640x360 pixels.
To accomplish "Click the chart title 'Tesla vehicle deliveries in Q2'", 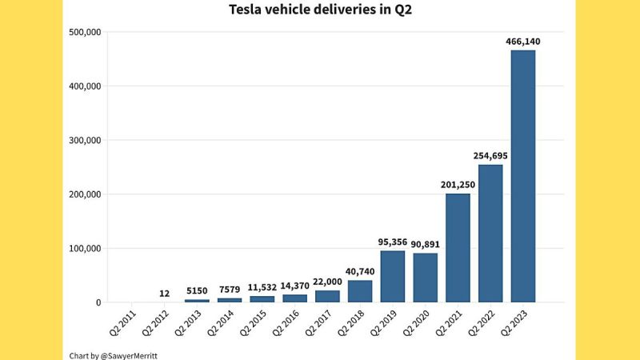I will point(319,10).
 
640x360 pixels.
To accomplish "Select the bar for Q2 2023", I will point(523,176).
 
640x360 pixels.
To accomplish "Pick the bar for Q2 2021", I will point(458,248).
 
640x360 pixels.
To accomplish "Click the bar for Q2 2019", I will point(392,277).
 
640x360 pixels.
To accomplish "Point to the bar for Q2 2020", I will point(425,278).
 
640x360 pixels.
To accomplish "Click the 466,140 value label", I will point(523,41).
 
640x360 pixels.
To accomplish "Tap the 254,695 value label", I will point(490,155).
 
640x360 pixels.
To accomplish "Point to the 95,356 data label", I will point(392,242).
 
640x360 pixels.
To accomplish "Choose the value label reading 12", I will point(164,294).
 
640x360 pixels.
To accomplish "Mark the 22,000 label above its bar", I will point(327,282).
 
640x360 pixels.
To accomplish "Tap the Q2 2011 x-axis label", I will point(119,324).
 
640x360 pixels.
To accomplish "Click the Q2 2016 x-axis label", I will point(282,324).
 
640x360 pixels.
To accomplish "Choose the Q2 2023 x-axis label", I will point(511,324).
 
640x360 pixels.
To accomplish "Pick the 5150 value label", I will point(197,290).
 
